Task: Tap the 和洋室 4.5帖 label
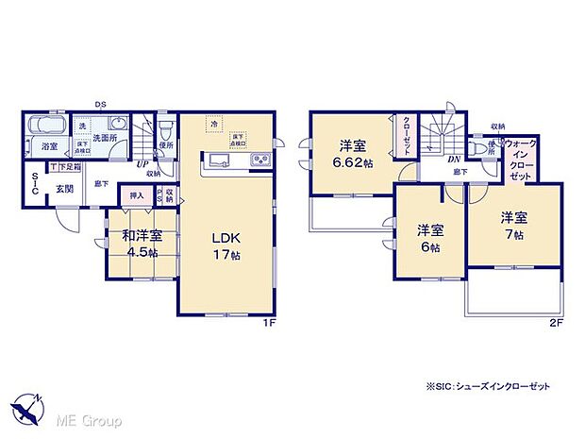tap(139, 241)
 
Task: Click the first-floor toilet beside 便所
tap(164, 126)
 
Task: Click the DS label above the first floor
tap(100, 104)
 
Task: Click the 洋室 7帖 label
tap(515, 224)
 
